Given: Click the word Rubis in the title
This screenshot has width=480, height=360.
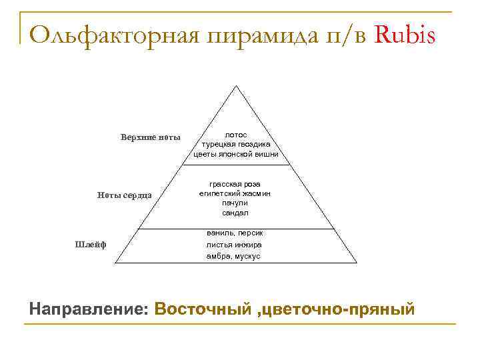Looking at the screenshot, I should (x=406, y=34).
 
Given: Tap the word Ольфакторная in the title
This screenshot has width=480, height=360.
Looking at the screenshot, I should (x=113, y=34).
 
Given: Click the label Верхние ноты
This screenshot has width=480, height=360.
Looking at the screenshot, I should (x=150, y=137).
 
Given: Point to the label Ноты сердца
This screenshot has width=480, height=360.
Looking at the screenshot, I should (x=124, y=195).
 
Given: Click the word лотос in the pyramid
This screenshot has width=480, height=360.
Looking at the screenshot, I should (x=235, y=134).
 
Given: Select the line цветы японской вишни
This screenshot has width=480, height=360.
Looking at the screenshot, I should (x=235, y=154).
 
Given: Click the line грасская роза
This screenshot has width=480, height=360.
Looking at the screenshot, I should (x=235, y=183).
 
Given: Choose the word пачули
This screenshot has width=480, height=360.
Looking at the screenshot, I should (x=235, y=203).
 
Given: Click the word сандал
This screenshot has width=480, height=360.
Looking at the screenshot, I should (x=235, y=213).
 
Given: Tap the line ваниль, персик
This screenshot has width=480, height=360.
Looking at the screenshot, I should (x=234, y=233).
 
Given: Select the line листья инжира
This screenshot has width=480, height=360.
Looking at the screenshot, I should (x=234, y=245).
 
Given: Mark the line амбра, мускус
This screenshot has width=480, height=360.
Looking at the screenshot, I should (x=234, y=256).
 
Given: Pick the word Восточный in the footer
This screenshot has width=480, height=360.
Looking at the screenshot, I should (x=201, y=309).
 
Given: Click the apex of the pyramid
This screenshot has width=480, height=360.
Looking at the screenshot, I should (x=235, y=85).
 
